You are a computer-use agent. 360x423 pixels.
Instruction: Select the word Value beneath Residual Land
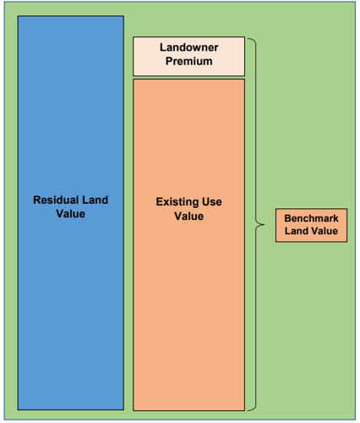(x=70, y=214)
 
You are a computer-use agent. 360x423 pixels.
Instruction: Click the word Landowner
(x=188, y=47)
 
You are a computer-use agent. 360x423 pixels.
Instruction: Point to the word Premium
(x=188, y=61)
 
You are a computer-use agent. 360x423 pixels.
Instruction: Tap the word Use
(x=212, y=202)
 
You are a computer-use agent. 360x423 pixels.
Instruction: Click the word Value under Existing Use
(x=188, y=217)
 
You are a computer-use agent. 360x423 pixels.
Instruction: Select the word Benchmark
(x=311, y=218)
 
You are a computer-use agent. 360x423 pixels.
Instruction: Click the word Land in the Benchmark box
(x=295, y=231)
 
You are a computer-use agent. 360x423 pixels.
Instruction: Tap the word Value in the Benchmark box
(x=324, y=231)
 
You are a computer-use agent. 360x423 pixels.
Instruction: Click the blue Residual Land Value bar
(x=71, y=213)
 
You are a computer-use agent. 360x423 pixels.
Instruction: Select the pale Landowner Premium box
(x=188, y=57)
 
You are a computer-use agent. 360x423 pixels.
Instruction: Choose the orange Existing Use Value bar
(x=188, y=244)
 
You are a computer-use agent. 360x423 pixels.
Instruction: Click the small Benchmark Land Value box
(x=311, y=225)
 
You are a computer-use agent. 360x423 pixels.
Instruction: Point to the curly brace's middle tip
(x=265, y=225)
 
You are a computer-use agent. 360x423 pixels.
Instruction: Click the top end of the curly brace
(x=248, y=39)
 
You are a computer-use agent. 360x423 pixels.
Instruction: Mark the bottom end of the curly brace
(x=248, y=410)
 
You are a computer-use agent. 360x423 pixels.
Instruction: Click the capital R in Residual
(x=37, y=200)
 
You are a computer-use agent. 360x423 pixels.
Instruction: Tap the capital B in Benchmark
(x=287, y=218)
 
